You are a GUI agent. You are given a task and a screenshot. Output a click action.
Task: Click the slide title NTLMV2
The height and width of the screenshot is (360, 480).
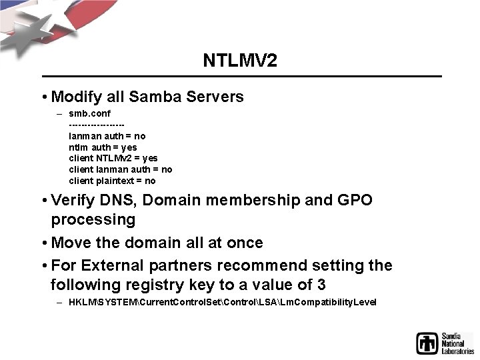pyautogui.click(x=240, y=61)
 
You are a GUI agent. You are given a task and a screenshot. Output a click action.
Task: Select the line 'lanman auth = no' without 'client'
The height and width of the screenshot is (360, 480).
pyautogui.click(x=107, y=136)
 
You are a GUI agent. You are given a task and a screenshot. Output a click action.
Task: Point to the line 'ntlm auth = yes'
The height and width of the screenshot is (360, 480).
pyautogui.click(x=103, y=147)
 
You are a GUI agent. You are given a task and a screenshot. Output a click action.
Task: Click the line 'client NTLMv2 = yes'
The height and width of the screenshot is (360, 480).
pyautogui.click(x=113, y=159)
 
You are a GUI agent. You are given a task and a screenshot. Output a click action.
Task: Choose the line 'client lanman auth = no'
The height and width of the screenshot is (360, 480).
pyautogui.click(x=121, y=169)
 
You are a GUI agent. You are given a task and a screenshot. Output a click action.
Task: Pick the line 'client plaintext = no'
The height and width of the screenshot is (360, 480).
pyautogui.click(x=112, y=181)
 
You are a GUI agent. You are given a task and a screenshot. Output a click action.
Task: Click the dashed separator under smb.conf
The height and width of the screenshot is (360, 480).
pyautogui.click(x=97, y=125)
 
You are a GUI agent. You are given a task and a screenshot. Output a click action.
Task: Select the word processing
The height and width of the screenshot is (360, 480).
pyautogui.click(x=93, y=219)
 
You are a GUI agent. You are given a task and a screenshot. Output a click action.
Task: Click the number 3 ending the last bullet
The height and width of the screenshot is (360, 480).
pyautogui.click(x=321, y=285)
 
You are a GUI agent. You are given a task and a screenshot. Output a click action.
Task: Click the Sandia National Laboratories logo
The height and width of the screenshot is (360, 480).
pyautogui.click(x=444, y=342)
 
